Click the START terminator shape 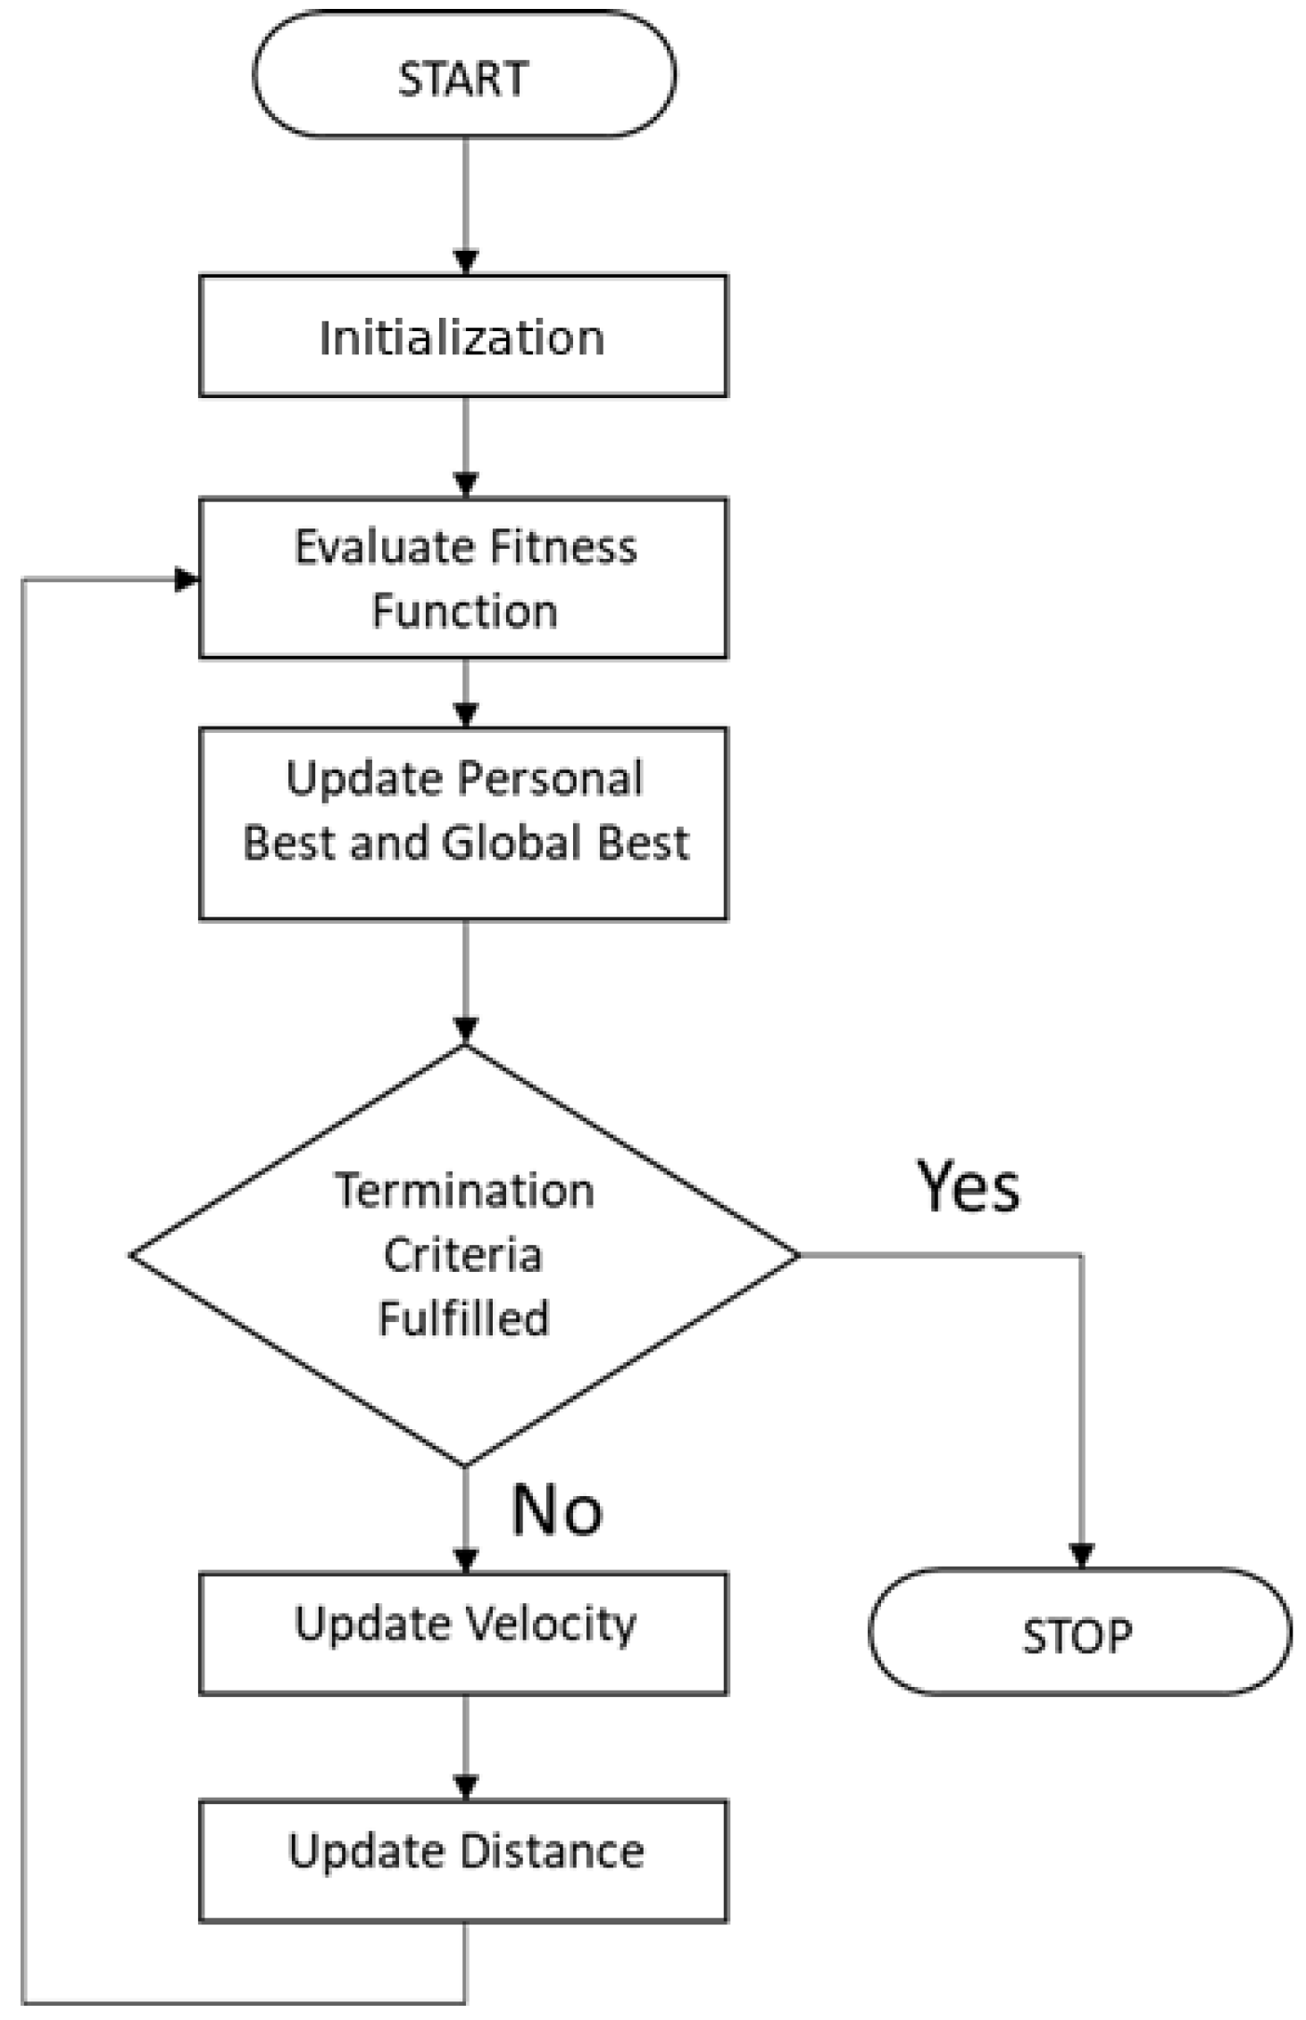coord(463,77)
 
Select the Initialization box coord(463,337)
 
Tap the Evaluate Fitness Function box coord(463,578)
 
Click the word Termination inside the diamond coord(464,1191)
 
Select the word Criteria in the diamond coord(462,1254)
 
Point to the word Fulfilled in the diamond coord(463,1318)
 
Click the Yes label coord(968,1187)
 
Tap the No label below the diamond coord(557,1510)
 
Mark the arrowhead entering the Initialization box coord(465,262)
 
